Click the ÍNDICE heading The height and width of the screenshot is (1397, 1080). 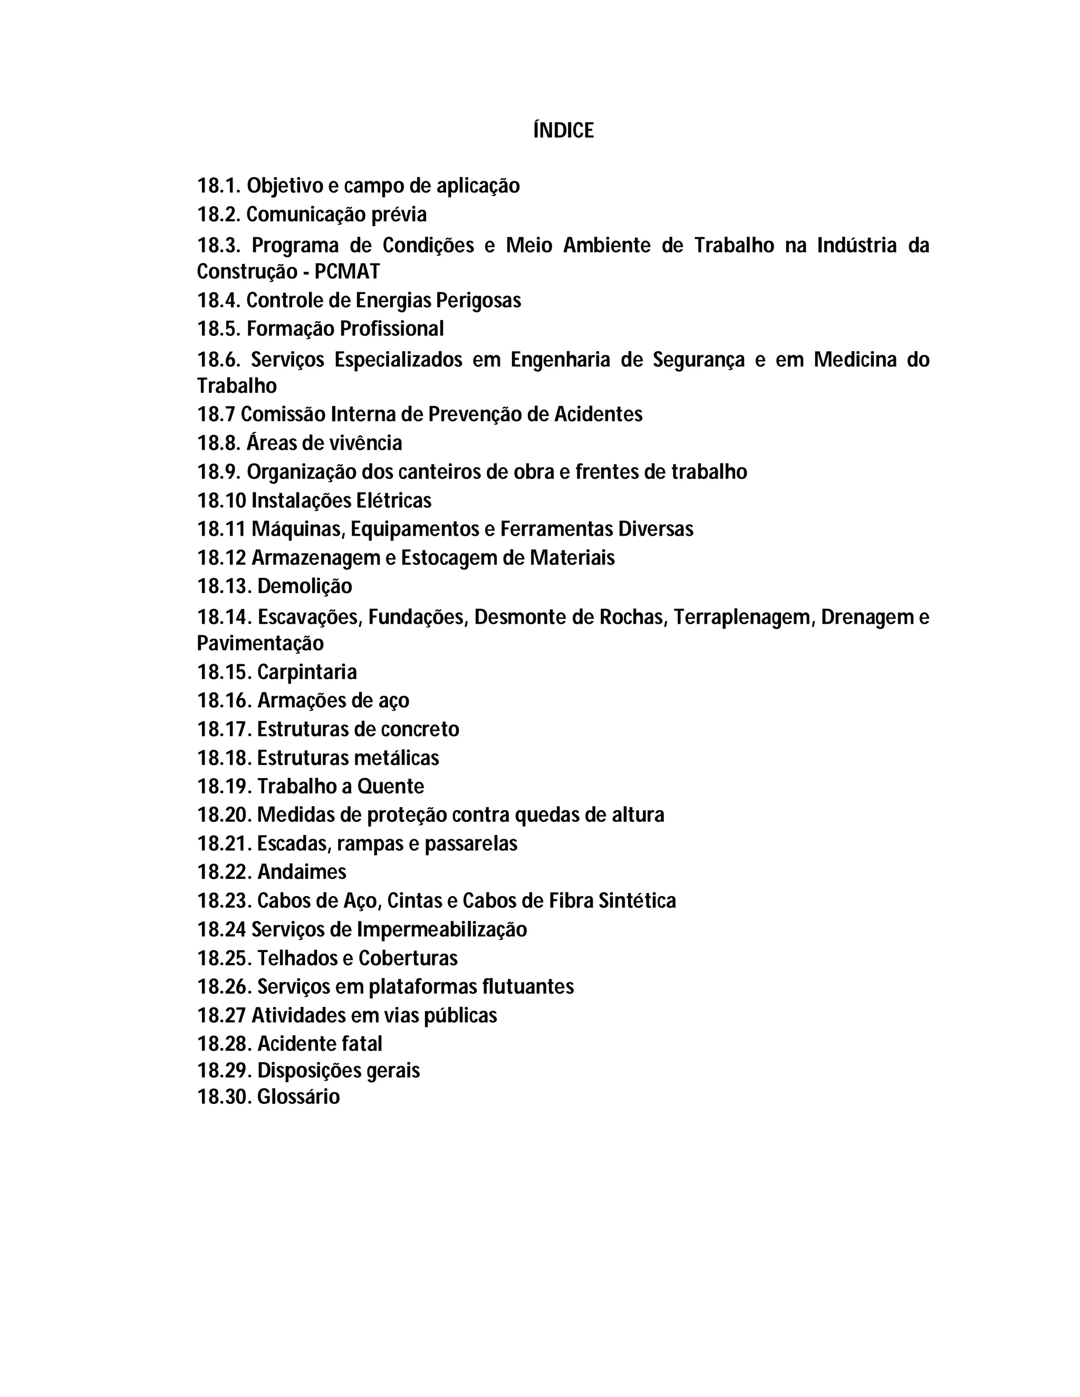tap(563, 131)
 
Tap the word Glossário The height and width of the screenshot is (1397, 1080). tap(298, 1097)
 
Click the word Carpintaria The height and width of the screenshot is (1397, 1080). tap(307, 672)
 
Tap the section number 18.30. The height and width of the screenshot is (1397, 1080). tap(224, 1097)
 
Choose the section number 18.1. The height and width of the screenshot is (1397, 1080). tap(219, 186)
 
